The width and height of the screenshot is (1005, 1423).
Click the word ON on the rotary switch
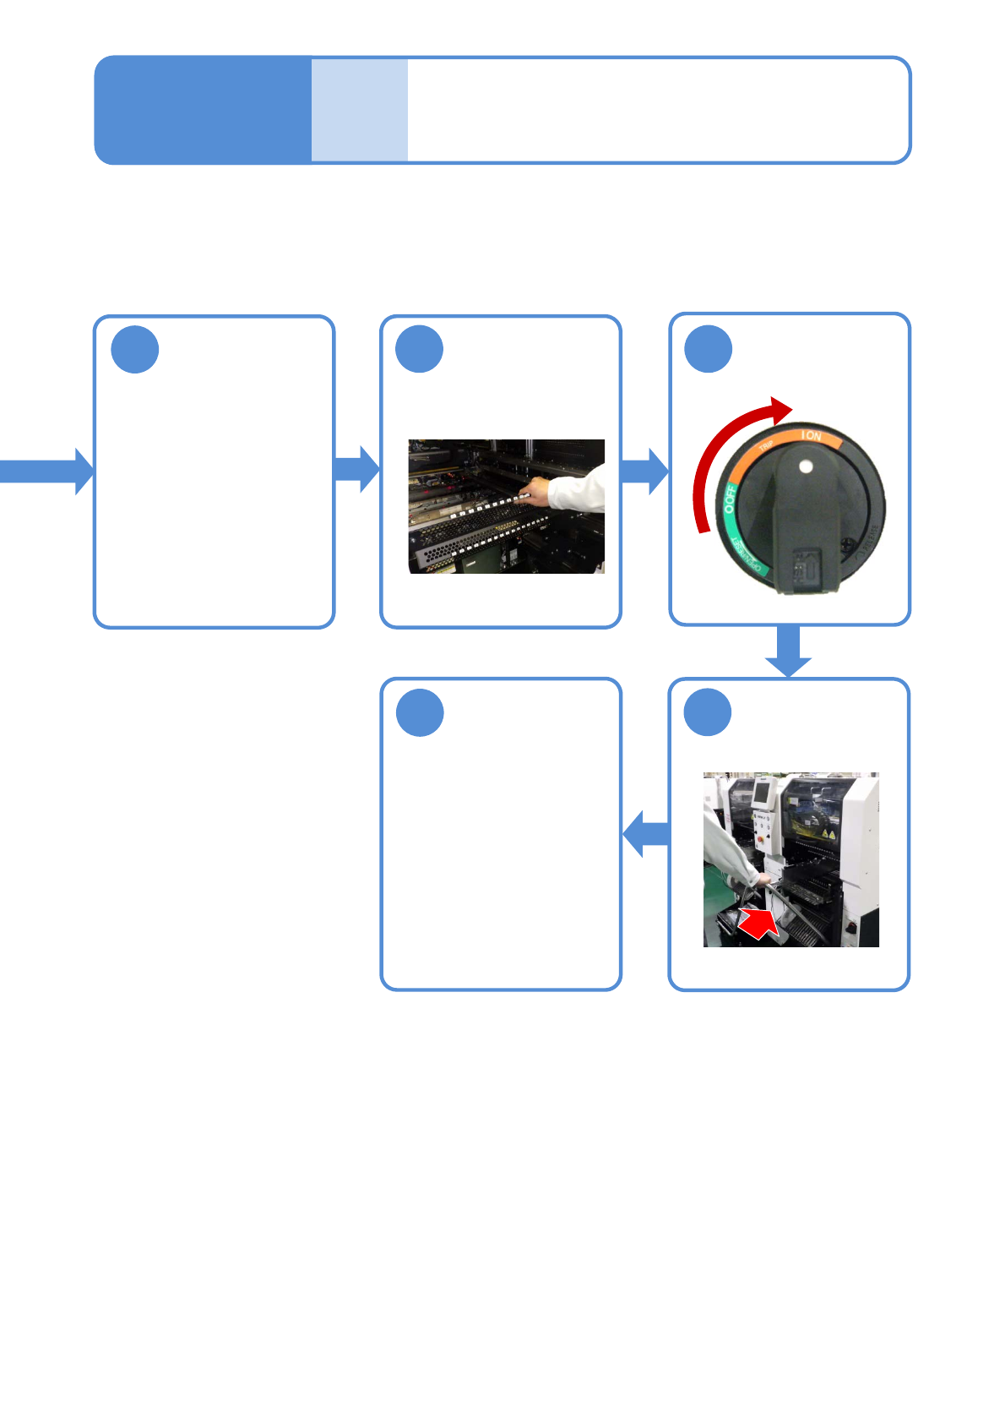click(812, 436)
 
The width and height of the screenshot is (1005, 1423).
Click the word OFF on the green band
click(731, 499)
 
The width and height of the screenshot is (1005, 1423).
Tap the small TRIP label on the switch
click(767, 446)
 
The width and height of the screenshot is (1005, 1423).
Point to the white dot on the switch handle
click(805, 466)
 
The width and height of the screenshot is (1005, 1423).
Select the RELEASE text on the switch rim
click(747, 558)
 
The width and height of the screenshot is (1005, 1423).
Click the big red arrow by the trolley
click(759, 924)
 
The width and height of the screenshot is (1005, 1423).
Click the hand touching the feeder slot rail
click(535, 490)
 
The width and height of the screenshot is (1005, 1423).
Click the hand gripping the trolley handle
click(763, 880)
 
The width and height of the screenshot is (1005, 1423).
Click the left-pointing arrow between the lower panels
click(646, 834)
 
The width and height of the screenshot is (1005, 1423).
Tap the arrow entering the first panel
click(46, 471)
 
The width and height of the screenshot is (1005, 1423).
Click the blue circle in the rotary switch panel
click(708, 348)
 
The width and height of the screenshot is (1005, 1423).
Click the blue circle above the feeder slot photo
click(420, 349)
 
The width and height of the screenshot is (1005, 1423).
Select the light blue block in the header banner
click(360, 110)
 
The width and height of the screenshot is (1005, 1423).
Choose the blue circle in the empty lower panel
click(420, 712)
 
